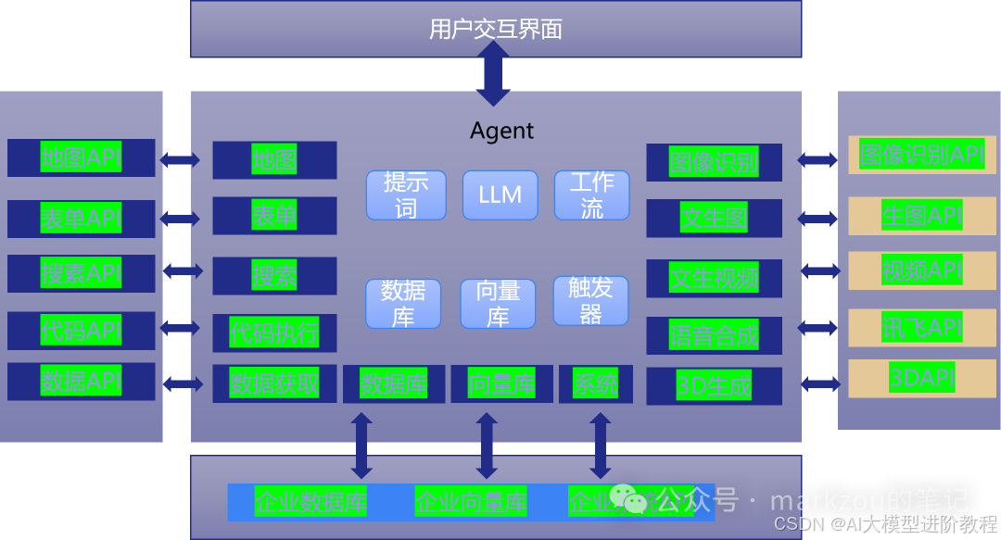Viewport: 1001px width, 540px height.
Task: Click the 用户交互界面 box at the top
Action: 496,29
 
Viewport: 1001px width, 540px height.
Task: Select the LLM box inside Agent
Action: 500,195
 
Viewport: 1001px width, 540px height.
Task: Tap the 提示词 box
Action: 406,195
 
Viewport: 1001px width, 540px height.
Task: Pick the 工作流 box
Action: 591,195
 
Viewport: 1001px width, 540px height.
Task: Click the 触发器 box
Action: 590,300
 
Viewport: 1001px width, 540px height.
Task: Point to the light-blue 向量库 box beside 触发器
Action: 498,304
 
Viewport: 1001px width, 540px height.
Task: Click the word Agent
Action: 501,131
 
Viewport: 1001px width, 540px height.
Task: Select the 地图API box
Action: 81,157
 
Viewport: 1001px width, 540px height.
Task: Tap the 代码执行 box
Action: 274,333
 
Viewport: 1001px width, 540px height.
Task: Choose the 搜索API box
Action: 81,274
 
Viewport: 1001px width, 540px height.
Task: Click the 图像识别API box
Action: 921,155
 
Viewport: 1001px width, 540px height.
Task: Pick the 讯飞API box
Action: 921,327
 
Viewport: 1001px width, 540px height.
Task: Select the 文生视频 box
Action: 714,277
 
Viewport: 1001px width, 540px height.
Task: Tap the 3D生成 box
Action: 714,386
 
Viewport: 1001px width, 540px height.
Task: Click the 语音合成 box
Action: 714,335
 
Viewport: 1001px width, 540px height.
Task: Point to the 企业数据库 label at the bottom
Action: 310,503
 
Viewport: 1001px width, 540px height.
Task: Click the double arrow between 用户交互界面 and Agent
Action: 493,73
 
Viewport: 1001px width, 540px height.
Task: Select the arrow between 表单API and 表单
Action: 180,219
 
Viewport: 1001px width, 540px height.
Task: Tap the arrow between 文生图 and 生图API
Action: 817,219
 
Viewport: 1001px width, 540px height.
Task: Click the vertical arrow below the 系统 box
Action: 601,445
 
